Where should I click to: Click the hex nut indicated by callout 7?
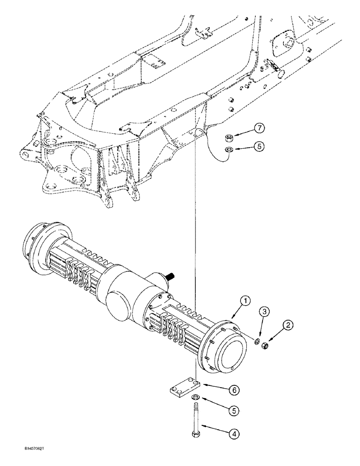(229, 137)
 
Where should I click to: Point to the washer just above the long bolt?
(196, 397)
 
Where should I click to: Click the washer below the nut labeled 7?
(229, 150)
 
